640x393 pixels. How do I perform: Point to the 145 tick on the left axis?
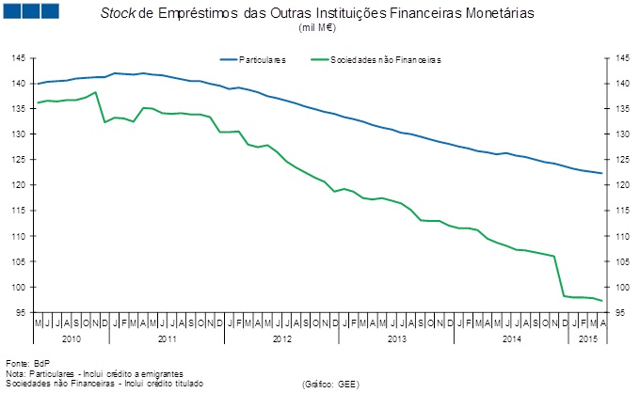click(19, 58)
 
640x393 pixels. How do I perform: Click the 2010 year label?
click(72, 338)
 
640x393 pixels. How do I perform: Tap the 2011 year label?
click(168, 338)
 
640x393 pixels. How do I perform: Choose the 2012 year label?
click(282, 338)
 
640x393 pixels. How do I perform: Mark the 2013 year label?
click(396, 338)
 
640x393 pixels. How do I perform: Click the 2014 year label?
click(510, 338)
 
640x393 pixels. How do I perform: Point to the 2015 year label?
click(587, 338)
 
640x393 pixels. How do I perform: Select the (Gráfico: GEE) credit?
click(330, 385)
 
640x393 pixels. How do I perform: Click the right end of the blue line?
click(601, 174)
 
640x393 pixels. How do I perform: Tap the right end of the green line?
click(601, 301)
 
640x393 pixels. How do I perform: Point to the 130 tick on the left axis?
click(19, 134)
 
